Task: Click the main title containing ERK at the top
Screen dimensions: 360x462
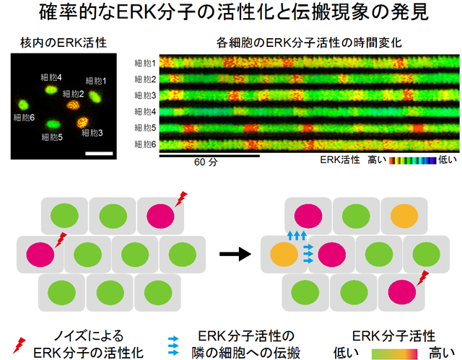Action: click(231, 14)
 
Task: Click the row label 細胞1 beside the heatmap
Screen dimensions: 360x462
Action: click(146, 63)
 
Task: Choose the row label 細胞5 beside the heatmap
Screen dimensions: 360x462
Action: click(146, 128)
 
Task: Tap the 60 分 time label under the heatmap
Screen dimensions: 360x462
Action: click(206, 162)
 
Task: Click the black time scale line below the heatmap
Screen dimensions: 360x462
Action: click(209, 154)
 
